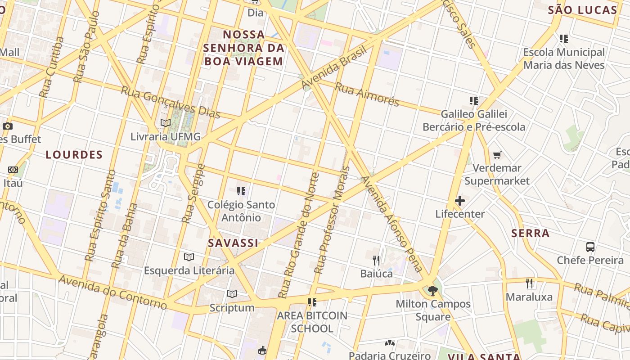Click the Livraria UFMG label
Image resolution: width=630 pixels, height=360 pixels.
(166, 136)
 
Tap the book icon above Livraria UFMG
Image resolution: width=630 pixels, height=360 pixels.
(166, 123)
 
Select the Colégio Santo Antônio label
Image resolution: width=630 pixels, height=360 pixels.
(241, 211)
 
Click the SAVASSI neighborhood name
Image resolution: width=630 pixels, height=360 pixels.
(233, 243)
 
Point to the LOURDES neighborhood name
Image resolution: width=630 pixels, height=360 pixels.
(74, 155)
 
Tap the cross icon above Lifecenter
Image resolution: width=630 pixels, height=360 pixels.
(460, 201)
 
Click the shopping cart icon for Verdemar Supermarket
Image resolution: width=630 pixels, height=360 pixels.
(497, 155)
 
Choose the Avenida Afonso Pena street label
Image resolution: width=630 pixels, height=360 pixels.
(392, 224)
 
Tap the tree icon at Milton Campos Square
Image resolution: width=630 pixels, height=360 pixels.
(433, 291)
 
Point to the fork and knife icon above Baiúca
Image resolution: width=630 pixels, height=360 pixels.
(376, 260)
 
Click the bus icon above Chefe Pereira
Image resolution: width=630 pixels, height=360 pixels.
(590, 247)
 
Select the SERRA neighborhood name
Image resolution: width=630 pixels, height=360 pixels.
(531, 233)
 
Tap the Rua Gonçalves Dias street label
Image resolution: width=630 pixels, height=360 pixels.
(171, 102)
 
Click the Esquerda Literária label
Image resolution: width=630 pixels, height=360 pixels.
(189, 270)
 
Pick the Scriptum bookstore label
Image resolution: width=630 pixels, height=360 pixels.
(232, 308)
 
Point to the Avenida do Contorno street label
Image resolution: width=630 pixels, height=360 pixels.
(112, 292)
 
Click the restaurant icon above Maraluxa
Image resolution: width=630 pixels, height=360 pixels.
(529, 283)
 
